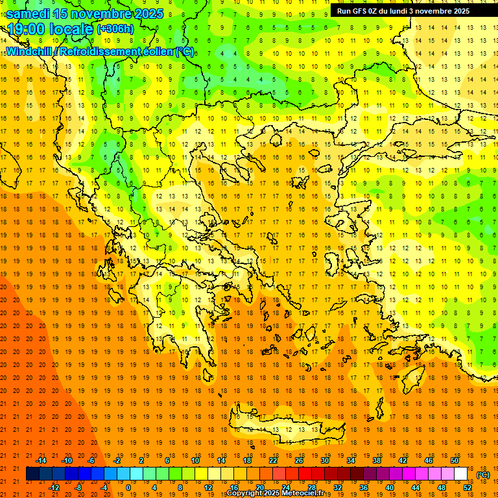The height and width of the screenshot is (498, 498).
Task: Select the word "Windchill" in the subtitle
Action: coord(30,51)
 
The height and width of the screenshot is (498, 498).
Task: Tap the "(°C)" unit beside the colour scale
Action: coord(483,475)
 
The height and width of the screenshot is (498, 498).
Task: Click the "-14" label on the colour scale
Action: coord(41,460)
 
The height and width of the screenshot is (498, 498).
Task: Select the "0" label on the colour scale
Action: coord(128,488)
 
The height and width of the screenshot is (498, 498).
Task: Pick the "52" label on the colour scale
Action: coord(467,488)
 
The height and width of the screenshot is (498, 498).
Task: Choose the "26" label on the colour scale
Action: coord(299,460)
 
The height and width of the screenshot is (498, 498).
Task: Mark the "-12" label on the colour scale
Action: coord(54,488)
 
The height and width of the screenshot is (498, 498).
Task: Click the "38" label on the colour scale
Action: coord(376,460)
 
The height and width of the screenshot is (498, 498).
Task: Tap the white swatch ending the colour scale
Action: coord(460,474)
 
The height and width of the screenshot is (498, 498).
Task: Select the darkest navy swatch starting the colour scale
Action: coord(32,474)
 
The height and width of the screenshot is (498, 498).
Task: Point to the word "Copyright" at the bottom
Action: coord(245,493)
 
